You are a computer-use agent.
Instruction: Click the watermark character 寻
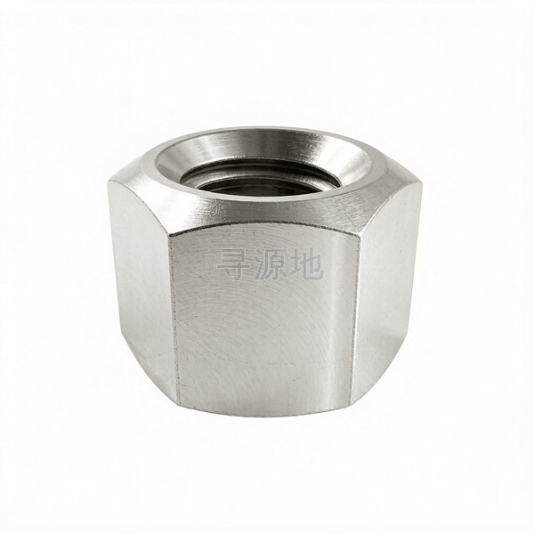click(233, 264)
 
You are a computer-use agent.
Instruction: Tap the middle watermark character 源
click(270, 264)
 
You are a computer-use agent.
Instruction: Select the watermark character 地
click(306, 264)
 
